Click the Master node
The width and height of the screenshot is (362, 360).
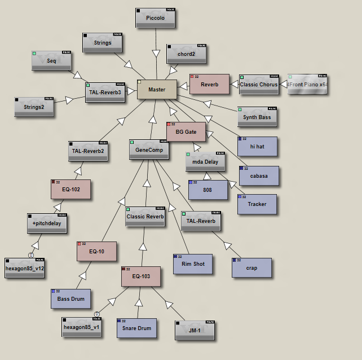tap(157, 89)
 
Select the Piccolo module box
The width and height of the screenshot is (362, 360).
tap(155, 18)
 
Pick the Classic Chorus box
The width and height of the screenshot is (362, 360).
tap(258, 85)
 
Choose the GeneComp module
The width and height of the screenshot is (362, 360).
tap(149, 150)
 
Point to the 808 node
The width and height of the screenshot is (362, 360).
tap(208, 190)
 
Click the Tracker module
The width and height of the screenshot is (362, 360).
tap(257, 204)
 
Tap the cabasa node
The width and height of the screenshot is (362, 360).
tap(258, 175)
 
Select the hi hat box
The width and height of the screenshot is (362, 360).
tap(257, 146)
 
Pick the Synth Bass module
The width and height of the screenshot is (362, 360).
tap(257, 117)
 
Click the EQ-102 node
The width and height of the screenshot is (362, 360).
tap(70, 189)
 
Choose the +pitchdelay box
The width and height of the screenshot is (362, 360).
tap(47, 223)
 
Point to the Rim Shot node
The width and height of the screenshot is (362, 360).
tap(193, 264)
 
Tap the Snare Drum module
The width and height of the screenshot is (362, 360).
tap(136, 328)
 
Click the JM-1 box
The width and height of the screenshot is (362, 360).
tap(195, 330)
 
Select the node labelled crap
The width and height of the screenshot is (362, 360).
tap(251, 268)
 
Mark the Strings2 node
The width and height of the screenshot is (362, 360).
tap(34, 107)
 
